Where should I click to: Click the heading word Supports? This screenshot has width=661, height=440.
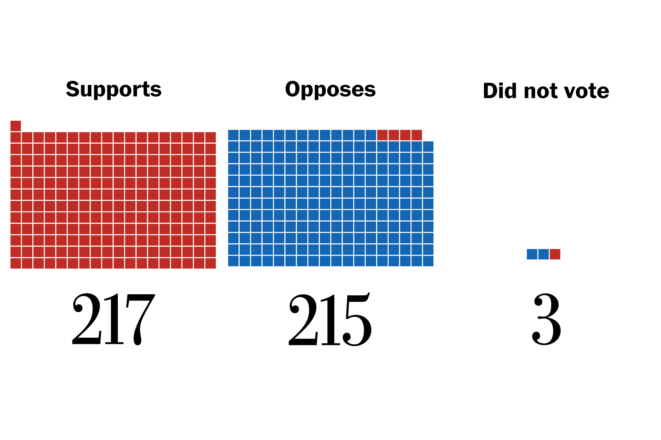[114, 90]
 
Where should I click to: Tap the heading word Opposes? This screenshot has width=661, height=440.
[330, 90]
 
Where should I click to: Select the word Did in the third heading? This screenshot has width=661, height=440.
[500, 91]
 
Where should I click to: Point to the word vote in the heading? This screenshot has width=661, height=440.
[586, 91]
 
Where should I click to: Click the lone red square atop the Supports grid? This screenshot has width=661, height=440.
[16, 126]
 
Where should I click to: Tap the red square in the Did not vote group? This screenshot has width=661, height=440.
[555, 254]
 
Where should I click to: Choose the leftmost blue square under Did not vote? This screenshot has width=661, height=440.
[532, 254]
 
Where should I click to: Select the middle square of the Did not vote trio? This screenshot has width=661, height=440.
[543, 254]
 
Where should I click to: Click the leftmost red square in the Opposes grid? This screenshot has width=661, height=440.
[382, 135]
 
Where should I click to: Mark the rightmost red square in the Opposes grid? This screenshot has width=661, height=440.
[417, 135]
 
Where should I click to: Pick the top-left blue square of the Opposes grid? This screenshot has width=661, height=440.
[233, 135]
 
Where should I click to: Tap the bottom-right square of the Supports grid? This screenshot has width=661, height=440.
[211, 263]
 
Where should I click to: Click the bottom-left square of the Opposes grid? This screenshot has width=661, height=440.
[233, 261]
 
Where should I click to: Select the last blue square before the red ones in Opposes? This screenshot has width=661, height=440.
[371, 135]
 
